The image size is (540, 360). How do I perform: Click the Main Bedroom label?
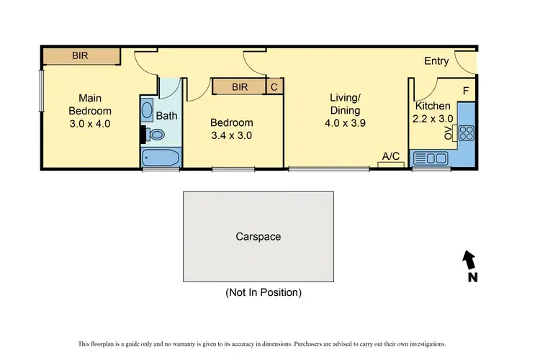(x=90, y=104)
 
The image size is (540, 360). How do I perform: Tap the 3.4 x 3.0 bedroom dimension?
(x=232, y=135)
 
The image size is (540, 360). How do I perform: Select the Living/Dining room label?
(x=344, y=104)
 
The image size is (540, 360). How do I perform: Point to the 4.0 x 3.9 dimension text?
(x=344, y=123)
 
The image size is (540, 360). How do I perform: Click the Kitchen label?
(x=433, y=106)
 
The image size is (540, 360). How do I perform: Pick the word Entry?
(x=436, y=61)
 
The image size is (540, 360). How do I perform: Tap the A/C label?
(x=391, y=156)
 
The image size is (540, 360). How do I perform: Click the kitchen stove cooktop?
(x=465, y=132)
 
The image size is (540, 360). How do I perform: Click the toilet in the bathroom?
(x=155, y=134)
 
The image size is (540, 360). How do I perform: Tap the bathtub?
(x=160, y=158)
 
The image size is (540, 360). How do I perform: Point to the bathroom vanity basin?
(x=147, y=110)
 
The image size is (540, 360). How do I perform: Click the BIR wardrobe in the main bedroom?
(x=80, y=55)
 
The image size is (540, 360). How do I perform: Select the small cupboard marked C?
(x=274, y=87)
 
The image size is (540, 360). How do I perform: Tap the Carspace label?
(x=258, y=236)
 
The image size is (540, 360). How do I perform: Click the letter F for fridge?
(x=466, y=91)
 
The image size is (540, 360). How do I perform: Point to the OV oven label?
(x=447, y=132)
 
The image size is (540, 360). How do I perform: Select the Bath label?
(x=166, y=115)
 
